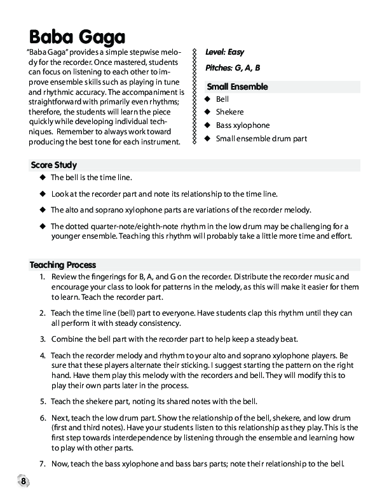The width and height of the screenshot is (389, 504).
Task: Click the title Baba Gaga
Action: pos(77,36)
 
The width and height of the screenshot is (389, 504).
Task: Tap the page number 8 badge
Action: pos(23,480)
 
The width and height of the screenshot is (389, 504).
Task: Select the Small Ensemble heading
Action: pos(237,87)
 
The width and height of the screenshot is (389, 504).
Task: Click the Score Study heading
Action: pos(53,165)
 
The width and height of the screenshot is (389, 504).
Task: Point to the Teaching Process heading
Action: pos(63,265)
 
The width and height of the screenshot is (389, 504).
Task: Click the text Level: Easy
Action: pos(224,52)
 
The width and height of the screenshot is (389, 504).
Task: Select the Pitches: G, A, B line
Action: pos(233,67)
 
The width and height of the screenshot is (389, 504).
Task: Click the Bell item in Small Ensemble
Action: pos(222,99)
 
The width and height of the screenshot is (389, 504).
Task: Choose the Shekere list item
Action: pos(229,112)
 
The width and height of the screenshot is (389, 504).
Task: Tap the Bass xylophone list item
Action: pos(242,125)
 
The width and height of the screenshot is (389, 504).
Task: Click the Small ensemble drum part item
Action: pos(261,138)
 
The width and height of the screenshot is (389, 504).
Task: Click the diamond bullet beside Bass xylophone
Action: pos(207,125)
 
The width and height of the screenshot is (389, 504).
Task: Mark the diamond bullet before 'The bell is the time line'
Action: pos(43,178)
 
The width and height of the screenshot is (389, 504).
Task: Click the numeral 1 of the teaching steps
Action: pos(41,277)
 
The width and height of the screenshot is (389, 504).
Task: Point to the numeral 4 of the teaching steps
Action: pos(41,355)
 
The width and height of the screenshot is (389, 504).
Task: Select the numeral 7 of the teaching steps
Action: pos(41,463)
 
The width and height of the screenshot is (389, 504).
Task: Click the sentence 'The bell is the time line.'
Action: pos(92,178)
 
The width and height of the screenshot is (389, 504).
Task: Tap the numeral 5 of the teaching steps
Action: pos(41,401)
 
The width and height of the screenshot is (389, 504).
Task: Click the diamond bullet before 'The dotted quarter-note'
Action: pos(43,226)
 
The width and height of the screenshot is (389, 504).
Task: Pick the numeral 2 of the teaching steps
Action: pos(41,314)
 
